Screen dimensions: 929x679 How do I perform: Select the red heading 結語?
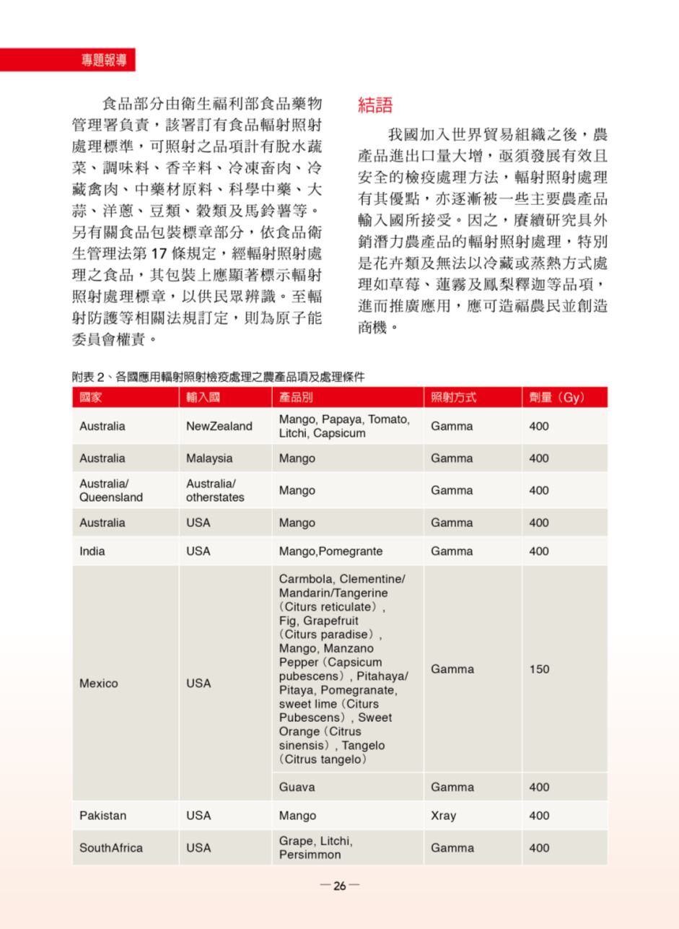click(x=375, y=105)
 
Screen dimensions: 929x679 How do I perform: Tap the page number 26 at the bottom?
click(x=339, y=886)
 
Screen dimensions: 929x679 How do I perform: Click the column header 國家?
click(x=91, y=398)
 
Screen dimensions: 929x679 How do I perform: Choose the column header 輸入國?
click(x=203, y=398)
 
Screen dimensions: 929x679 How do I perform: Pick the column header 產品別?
click(x=297, y=398)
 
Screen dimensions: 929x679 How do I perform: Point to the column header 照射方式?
click(x=453, y=398)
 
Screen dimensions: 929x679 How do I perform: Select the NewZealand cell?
click(x=219, y=427)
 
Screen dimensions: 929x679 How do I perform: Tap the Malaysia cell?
click(x=209, y=458)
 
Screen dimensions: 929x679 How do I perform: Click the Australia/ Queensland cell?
click(x=111, y=490)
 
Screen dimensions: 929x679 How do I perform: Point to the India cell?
click(x=92, y=551)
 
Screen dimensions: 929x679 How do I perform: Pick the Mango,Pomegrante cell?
click(x=330, y=551)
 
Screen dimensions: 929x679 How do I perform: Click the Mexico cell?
click(x=99, y=683)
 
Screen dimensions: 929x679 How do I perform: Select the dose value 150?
click(x=539, y=669)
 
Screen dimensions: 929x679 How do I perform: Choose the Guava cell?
click(x=297, y=787)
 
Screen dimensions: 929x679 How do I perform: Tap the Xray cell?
click(x=443, y=816)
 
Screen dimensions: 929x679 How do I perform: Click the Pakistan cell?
click(x=103, y=816)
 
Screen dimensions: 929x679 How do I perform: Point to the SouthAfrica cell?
click(x=111, y=848)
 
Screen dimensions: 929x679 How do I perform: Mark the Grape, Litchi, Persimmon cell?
click(x=316, y=848)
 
